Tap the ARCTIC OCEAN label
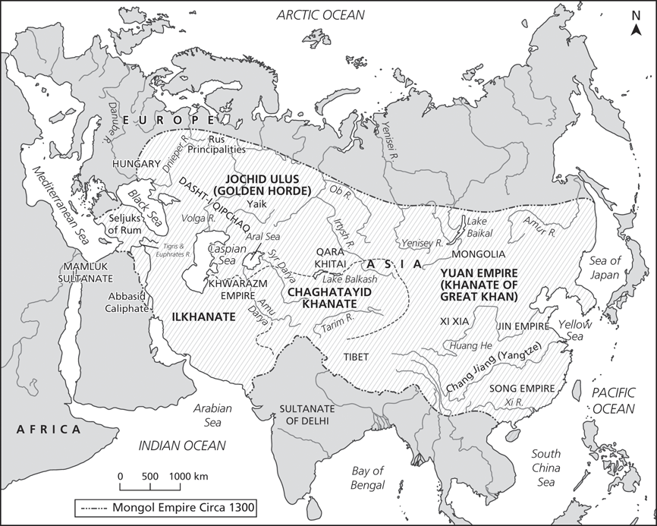[x=319, y=14]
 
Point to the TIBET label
[x=345, y=354]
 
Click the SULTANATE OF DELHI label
[x=309, y=414]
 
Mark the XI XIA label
[x=454, y=321]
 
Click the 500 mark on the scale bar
[x=149, y=476]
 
